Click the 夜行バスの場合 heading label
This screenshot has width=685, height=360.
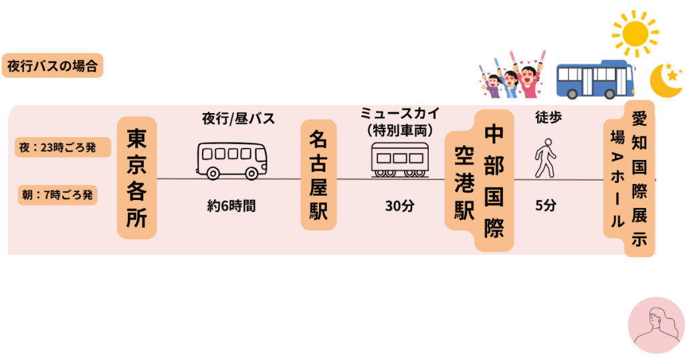(52, 66)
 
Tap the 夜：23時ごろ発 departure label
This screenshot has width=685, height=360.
(62, 148)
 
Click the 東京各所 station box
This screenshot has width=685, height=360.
(137, 178)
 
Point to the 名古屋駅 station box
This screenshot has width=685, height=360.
(318, 175)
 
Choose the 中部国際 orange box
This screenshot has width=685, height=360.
(494, 181)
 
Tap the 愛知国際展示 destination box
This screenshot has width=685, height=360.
(640, 178)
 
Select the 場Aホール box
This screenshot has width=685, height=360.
(615, 179)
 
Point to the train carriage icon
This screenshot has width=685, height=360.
(399, 159)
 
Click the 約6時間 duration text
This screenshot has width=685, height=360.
(231, 206)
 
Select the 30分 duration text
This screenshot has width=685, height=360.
(399, 206)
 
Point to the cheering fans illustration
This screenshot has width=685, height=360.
(512, 74)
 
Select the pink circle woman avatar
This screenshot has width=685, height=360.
(656, 325)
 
